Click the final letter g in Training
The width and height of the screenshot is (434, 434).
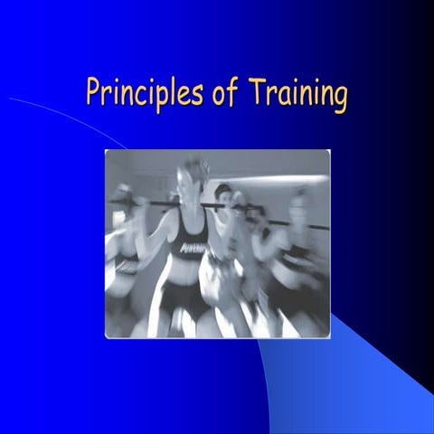tap(339, 98)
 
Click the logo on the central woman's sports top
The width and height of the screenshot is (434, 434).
tap(193, 245)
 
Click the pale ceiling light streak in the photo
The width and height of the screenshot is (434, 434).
tap(271, 166)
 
